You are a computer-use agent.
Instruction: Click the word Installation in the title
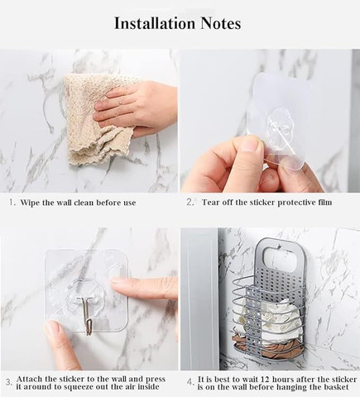[155, 23]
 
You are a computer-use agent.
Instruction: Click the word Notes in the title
[220, 23]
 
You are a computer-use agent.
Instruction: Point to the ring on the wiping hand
[121, 103]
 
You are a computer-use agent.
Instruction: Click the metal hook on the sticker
[88, 316]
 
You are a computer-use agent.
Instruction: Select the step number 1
[11, 203]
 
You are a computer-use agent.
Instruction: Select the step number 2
[190, 203]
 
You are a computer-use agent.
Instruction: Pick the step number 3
[9, 383]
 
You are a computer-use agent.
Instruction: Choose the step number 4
[190, 383]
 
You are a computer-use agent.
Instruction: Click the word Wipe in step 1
[30, 203]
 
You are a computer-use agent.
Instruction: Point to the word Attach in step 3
[29, 379]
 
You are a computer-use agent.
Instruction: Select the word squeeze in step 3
[79, 387]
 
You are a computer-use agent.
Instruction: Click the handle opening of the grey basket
[280, 259]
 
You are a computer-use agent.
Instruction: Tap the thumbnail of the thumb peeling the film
[250, 145]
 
